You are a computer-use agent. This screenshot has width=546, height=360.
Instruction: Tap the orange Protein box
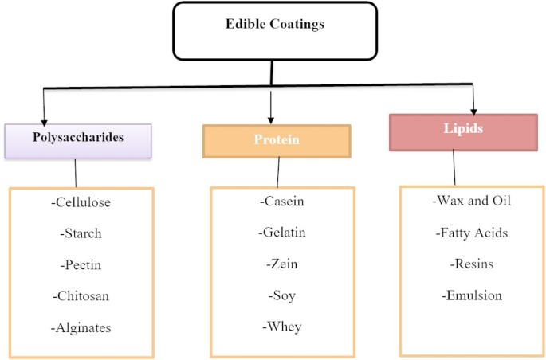pos(276,140)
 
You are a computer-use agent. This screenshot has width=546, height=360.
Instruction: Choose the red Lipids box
pos(462,132)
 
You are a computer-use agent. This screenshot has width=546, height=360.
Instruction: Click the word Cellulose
pos(81,202)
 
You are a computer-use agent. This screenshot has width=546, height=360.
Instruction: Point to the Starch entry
pos(81,233)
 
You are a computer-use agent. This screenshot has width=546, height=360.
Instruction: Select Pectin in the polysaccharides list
pos(81,264)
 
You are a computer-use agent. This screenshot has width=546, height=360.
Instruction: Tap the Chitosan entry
pos(81,295)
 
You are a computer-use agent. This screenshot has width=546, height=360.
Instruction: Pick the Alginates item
pos(81,327)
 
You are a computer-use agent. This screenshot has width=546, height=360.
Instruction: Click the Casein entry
pos(282,202)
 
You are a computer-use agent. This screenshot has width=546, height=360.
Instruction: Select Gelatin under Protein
pos(282,233)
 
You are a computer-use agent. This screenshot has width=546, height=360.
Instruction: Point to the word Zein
pos(282,264)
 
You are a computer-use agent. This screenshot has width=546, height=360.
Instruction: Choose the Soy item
pos(282,295)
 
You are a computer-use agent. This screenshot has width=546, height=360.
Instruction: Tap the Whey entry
pos(282,326)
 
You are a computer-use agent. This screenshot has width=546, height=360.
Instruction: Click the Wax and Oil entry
pos(472,200)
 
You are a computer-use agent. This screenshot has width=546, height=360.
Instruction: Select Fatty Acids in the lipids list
pos(472,233)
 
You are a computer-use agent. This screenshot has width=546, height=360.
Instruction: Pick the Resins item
pos(472,264)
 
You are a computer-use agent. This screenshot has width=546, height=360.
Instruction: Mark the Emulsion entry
pos(472,295)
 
